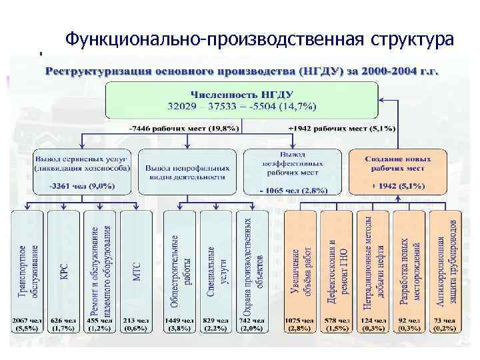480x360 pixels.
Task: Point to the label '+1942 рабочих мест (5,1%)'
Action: point(341,127)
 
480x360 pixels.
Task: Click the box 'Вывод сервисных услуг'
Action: point(82,163)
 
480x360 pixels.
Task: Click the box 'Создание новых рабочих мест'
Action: point(397,163)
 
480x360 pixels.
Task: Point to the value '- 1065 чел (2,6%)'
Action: point(293,190)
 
